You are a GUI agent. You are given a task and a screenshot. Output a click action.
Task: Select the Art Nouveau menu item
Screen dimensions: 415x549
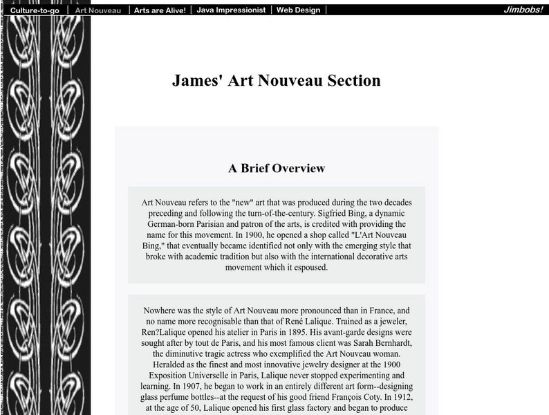(98, 10)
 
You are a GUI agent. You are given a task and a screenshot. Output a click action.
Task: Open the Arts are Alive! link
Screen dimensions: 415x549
(160, 10)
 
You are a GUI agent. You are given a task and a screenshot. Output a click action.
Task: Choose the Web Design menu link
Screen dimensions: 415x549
(299, 10)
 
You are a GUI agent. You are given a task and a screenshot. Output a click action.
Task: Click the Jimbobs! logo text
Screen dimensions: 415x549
(523, 10)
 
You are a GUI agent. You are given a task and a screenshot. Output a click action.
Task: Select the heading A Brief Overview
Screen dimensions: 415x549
(276, 168)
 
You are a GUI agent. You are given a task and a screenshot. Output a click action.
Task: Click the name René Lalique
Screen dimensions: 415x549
(349, 322)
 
